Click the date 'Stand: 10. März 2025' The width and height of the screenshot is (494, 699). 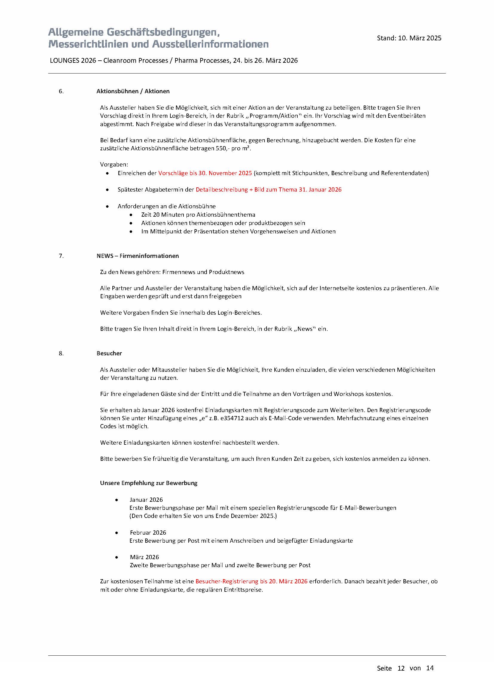pos(409,38)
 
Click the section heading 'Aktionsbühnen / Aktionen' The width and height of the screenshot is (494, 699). pos(133,91)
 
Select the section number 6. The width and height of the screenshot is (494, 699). pos(61,91)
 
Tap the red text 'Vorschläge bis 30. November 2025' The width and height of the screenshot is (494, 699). pos(205,173)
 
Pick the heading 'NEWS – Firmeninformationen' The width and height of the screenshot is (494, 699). pos(137,256)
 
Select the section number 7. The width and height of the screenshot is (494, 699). pos(61,256)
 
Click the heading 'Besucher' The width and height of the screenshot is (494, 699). pos(109,354)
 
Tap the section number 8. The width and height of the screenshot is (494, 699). pos(61,354)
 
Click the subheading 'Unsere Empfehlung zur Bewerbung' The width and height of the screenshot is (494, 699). pos(149,483)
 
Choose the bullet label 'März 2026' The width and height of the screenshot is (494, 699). pos(144,557)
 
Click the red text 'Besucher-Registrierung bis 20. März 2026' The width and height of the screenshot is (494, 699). pos(251,582)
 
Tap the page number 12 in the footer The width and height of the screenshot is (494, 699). pos(401,668)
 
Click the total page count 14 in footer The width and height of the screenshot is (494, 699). pos(430,668)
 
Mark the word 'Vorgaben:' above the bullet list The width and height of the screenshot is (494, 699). pos(114,165)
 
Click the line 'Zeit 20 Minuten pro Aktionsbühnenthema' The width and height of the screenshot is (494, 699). pos(198,215)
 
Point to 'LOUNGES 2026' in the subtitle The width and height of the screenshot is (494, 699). pos(73,61)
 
